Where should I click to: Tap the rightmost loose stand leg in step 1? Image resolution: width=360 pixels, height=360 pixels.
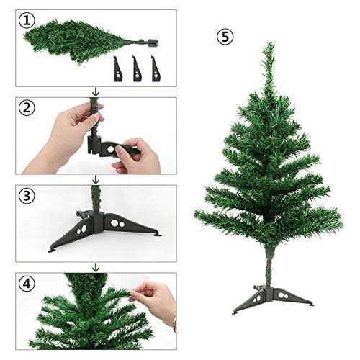point(156,68)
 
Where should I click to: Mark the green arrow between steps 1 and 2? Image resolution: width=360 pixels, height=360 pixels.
point(96,91)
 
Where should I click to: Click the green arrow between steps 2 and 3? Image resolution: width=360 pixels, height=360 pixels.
point(96,179)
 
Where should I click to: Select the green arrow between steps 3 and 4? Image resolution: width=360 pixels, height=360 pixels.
point(96,267)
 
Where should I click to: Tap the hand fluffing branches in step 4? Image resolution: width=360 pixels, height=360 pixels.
point(155,299)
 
